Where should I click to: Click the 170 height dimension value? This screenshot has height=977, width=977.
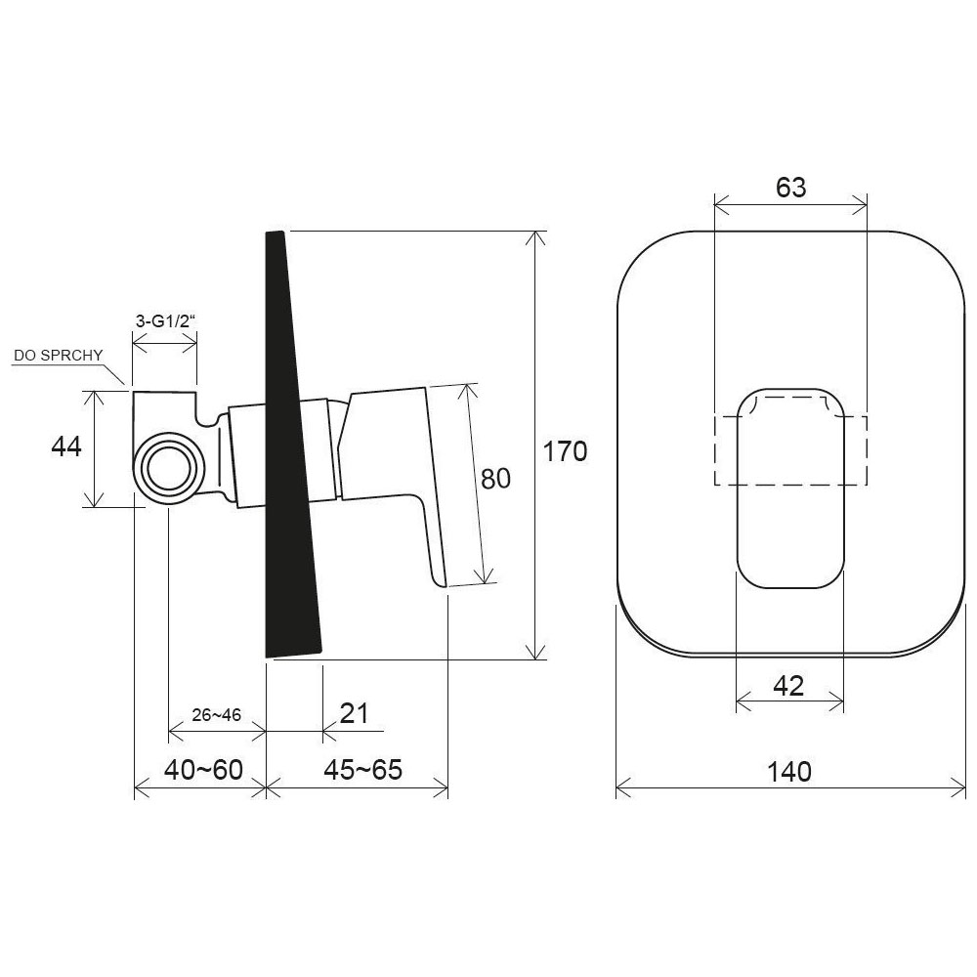[565, 451]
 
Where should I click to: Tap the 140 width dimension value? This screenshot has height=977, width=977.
[788, 772]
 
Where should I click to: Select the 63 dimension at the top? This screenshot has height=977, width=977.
[790, 187]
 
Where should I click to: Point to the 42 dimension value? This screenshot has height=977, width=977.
[788, 686]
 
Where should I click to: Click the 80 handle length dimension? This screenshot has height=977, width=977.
[495, 479]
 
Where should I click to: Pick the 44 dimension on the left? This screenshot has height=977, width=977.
[66, 446]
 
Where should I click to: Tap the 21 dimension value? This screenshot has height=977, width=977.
[355, 713]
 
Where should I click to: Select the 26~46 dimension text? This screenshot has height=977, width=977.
[216, 715]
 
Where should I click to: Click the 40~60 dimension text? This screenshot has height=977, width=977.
[204, 770]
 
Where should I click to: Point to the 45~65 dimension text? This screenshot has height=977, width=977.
[362, 770]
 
